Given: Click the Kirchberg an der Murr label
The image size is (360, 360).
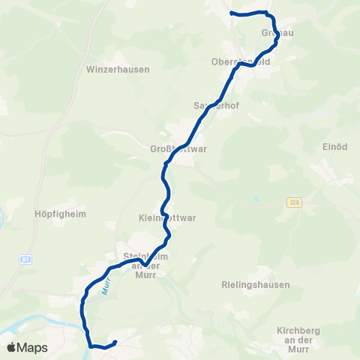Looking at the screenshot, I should click(x=304, y=335).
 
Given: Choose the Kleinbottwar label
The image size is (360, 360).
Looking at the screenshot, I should click(x=167, y=218).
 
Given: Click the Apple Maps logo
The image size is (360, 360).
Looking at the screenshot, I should click(x=28, y=347).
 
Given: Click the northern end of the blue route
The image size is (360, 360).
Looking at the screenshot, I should click(x=231, y=13).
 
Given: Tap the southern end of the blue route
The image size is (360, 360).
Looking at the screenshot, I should click(x=115, y=343).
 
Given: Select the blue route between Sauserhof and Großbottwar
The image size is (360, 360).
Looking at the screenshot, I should click(x=196, y=124).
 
